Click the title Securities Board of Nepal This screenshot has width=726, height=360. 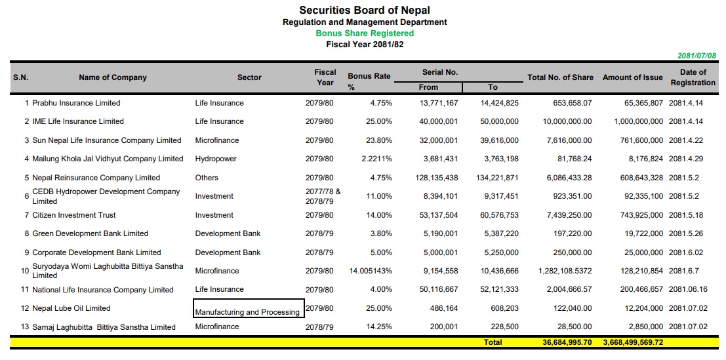pyautogui.click(x=365, y=10)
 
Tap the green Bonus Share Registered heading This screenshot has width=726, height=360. pyautogui.click(x=365, y=33)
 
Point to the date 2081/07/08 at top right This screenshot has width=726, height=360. pyautogui.click(x=696, y=56)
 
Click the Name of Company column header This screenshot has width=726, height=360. pyautogui.click(x=113, y=77)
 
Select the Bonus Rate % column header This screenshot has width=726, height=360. pyautogui.click(x=369, y=77)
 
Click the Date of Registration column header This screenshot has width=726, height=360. pyautogui.click(x=693, y=77)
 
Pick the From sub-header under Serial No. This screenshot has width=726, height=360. pyautogui.click(x=428, y=87)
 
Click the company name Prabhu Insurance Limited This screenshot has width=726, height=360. pyautogui.click(x=76, y=103)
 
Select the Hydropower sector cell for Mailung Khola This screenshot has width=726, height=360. pyautogui.click(x=216, y=159)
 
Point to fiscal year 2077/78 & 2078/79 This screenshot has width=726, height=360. pyautogui.click(x=323, y=196)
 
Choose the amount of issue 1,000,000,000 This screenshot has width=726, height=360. pyautogui.click(x=638, y=121)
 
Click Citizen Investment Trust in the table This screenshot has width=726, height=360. pyautogui.click(x=74, y=215)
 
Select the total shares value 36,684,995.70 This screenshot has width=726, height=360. pyautogui.click(x=567, y=342)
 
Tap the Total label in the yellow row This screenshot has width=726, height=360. pyautogui.click(x=493, y=342)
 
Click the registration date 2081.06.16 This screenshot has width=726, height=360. pyautogui.click(x=688, y=289)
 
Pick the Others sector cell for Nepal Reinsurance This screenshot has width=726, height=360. pyautogui.click(x=207, y=178)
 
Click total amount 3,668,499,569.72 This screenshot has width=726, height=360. pyautogui.click(x=633, y=342)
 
